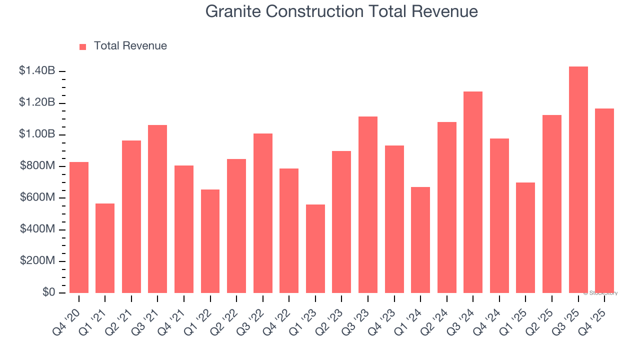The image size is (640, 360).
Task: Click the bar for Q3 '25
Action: point(578,180)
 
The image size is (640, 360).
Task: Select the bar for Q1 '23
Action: point(315,248)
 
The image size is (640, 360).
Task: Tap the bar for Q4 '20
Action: point(79,227)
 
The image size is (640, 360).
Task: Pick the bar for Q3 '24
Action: point(473,192)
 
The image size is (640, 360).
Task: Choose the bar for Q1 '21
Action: point(105,248)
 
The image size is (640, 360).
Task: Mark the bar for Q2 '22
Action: point(236,226)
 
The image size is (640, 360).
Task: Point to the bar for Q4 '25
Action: point(604,200)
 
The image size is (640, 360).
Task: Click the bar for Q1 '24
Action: point(420,240)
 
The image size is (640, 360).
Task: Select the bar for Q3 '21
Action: point(157,209)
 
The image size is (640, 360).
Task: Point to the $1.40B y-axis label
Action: point(37,71)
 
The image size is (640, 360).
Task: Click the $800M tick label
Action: point(37,166)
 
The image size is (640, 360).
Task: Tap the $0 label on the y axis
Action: point(48,292)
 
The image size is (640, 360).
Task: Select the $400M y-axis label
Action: point(37,229)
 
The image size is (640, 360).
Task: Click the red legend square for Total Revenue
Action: point(83,46)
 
